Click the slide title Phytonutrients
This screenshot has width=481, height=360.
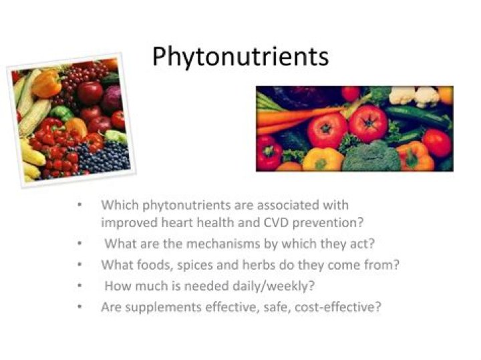pyautogui.click(x=240, y=56)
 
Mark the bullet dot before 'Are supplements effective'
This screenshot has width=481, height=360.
pyautogui.click(x=80, y=307)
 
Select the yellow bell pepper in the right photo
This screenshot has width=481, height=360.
pyautogui.click(x=323, y=160)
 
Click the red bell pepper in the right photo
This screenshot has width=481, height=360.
pyautogui.click(x=269, y=152)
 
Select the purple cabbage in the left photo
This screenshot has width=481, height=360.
pyautogui.click(x=112, y=98)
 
